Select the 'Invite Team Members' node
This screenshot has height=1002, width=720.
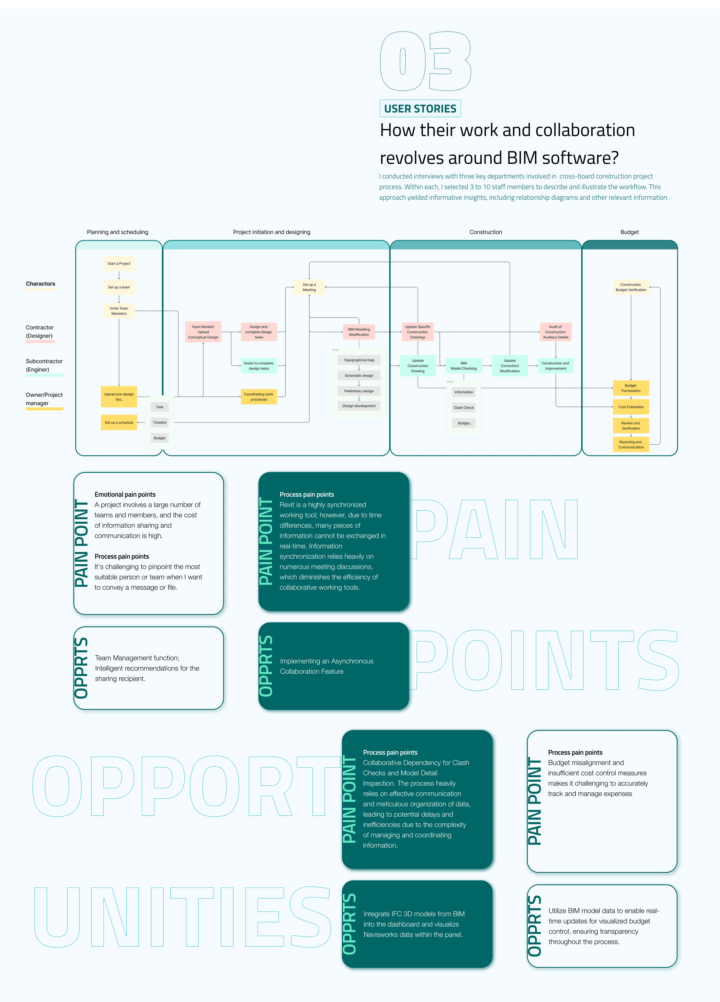(x=119, y=311)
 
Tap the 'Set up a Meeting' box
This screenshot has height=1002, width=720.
(x=309, y=287)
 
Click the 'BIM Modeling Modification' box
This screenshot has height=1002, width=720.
(x=359, y=332)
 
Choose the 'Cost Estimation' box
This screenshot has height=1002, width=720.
(x=631, y=407)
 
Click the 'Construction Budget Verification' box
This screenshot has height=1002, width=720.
(x=631, y=287)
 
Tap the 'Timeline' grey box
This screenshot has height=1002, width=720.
(x=159, y=423)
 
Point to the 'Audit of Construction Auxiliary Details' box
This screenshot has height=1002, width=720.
(x=555, y=332)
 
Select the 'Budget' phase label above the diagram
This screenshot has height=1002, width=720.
(x=630, y=232)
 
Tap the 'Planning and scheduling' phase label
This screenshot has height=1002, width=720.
(x=117, y=232)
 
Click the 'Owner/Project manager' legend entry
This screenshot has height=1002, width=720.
(x=44, y=399)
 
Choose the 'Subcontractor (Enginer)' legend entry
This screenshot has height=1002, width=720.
(x=44, y=365)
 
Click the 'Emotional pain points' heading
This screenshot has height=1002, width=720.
(x=125, y=494)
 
